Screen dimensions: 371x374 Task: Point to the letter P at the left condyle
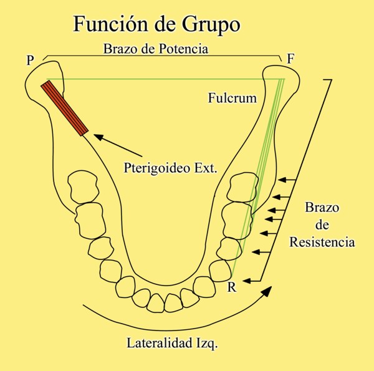[30, 60]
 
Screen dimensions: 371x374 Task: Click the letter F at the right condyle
[290, 59]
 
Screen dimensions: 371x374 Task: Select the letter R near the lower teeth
[231, 287]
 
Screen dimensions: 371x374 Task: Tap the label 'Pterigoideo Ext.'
[170, 166]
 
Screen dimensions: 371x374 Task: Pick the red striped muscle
[65, 107]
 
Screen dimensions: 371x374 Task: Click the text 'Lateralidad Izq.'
[172, 343]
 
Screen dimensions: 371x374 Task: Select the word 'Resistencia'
[322, 241]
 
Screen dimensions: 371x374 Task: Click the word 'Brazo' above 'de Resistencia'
[322, 208]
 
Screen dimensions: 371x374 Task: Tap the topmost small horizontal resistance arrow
[286, 180]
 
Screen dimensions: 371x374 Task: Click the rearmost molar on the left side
[84, 185]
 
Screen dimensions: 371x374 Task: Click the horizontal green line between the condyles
[156, 79]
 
